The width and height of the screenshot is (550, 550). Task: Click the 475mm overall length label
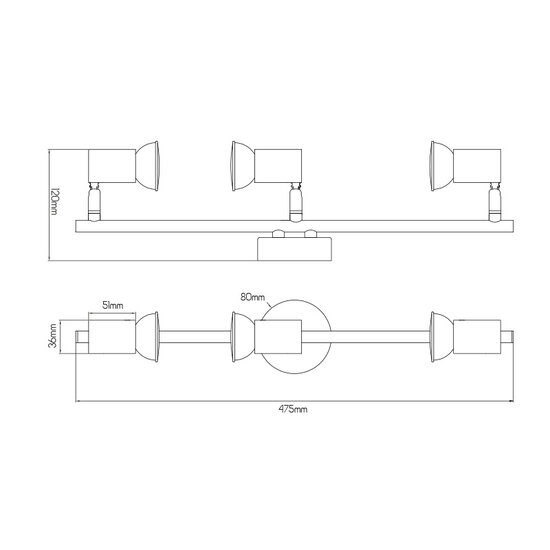[291, 409]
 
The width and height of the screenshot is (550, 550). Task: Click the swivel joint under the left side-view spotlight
[95, 202]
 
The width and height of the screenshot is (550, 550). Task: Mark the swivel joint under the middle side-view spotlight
[295, 202]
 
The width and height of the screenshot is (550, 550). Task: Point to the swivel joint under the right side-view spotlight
[494, 202]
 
